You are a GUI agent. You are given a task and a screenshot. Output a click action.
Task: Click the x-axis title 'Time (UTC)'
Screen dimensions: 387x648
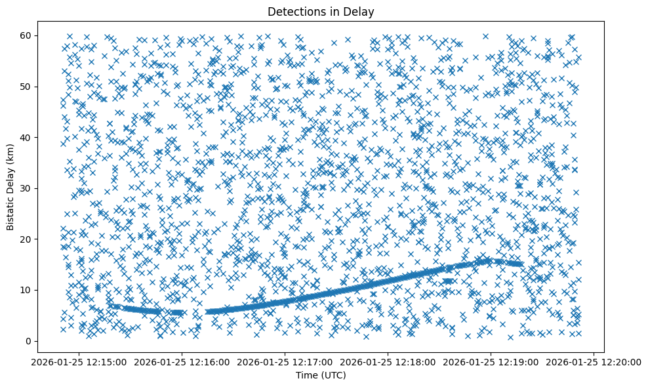tap(321, 375)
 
